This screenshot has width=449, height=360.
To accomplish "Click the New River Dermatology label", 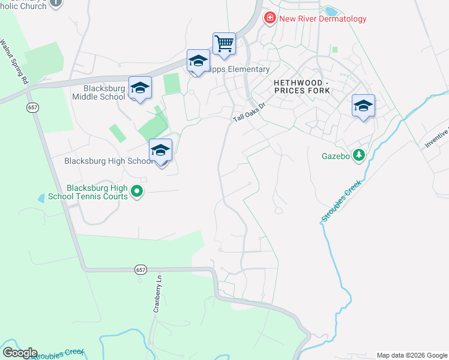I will [323, 19].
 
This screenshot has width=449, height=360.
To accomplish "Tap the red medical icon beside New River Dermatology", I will [270, 19].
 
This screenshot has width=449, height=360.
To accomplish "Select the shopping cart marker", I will [224, 44].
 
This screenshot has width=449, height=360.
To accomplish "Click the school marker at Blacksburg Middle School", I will [140, 89].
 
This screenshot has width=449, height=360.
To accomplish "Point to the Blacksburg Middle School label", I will [96, 92].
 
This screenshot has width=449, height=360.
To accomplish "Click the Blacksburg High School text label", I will [107, 161].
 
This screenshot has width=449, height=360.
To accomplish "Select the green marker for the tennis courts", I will [137, 192].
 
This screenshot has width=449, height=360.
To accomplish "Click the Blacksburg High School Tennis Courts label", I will [97, 192].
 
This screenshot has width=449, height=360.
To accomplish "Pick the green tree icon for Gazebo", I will [359, 155].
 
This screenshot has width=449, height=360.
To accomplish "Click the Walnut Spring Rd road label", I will [14, 62].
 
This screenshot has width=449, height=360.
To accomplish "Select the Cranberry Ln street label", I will [157, 295].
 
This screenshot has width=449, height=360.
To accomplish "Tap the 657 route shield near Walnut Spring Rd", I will [32, 107].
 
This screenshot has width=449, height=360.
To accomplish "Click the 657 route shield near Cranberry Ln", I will [140, 269].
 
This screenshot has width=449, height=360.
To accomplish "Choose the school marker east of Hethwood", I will [363, 107].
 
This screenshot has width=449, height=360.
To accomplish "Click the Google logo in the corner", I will [19, 353].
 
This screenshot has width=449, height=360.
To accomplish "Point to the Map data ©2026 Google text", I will [412, 355].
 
